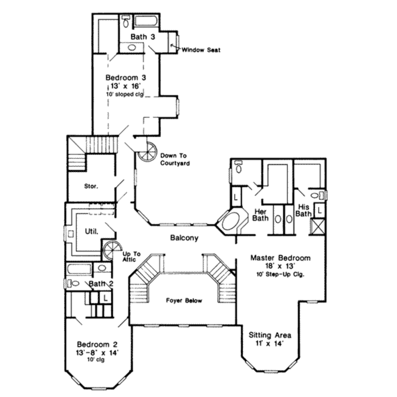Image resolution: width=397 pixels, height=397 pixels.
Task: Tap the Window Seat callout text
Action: click(x=201, y=50)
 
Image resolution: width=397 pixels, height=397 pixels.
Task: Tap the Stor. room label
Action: click(x=91, y=186)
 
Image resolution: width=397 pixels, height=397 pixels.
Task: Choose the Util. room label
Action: click(x=91, y=231)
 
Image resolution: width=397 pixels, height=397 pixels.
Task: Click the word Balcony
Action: click(x=184, y=238)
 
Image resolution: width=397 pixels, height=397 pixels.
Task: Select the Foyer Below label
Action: click(x=184, y=300)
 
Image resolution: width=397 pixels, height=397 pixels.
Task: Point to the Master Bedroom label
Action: click(x=280, y=258)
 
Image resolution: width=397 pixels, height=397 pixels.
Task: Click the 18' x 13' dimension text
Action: click(x=280, y=266)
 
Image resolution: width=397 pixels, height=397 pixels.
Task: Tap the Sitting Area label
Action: click(x=270, y=335)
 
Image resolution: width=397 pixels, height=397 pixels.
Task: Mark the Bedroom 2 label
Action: click(x=97, y=344)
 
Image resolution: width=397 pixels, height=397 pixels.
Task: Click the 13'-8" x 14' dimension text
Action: click(x=97, y=352)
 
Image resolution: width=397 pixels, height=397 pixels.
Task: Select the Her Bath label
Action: click(x=260, y=215)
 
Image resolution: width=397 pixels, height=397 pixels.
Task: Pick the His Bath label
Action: click(x=303, y=211)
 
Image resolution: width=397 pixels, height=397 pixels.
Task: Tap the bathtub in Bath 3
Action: click(x=146, y=21)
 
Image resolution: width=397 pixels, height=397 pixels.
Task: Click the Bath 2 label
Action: click(x=101, y=284)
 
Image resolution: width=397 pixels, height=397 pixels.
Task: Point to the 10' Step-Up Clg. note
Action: click(x=280, y=274)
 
